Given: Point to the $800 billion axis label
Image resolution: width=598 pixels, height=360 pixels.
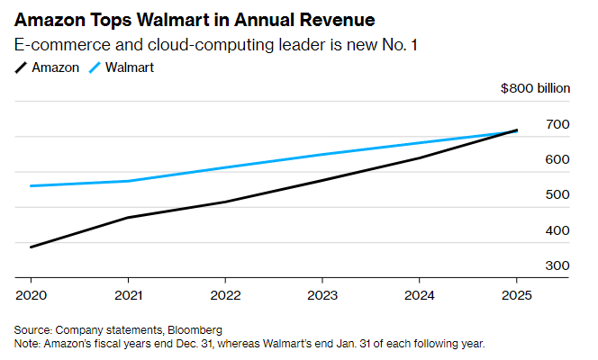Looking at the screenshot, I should [x=536, y=88].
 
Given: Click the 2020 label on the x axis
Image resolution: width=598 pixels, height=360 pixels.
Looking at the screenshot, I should [x=31, y=295].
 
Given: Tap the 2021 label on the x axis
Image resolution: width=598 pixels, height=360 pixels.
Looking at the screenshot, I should [x=128, y=295].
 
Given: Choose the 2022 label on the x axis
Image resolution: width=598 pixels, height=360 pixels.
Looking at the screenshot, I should [x=225, y=295].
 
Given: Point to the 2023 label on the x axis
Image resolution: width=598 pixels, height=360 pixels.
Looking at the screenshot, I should [x=322, y=295].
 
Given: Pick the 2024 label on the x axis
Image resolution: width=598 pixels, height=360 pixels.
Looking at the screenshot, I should [x=420, y=295].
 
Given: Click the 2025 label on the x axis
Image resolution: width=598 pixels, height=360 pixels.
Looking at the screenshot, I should [x=516, y=295].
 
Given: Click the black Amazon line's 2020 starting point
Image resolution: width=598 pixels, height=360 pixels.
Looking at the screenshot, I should [x=31, y=247].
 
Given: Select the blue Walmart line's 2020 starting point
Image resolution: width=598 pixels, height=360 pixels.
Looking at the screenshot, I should [x=31, y=186].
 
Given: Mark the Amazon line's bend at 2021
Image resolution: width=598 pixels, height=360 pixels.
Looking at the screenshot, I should [x=128, y=217].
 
